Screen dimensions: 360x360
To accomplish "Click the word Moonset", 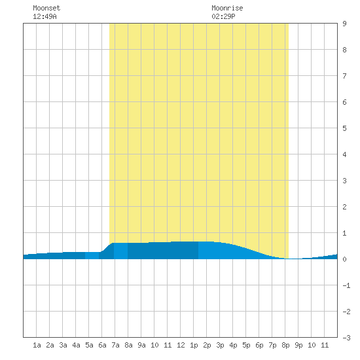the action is [46, 8].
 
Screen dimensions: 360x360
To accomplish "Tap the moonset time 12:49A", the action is [45, 16].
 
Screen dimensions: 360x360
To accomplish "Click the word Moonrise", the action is [227, 8].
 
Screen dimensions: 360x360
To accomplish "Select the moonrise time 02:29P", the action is [223, 16].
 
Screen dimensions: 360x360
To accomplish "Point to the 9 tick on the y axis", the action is [344, 24].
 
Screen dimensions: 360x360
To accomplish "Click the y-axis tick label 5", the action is [344, 128].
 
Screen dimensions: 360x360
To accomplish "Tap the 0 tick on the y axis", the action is [344, 259].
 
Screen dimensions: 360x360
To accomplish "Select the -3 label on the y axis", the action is [346, 338].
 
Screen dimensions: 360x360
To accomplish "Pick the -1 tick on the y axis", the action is [346, 285].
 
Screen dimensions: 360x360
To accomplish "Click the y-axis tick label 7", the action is [344, 76].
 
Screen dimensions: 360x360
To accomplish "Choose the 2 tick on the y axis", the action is [344, 207].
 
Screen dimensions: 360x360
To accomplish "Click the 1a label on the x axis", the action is [37, 345].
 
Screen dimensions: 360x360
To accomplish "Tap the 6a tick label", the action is [102, 345].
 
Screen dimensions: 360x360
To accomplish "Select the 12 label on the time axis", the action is [181, 345].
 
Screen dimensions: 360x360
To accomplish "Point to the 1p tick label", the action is [194, 345].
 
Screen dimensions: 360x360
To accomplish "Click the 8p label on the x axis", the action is [285, 345].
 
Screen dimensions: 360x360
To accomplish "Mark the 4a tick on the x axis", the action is [76, 345].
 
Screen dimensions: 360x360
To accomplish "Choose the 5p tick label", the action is [246, 345].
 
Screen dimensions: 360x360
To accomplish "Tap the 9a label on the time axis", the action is [141, 345].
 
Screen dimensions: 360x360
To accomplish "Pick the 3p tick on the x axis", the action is [220, 345].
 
